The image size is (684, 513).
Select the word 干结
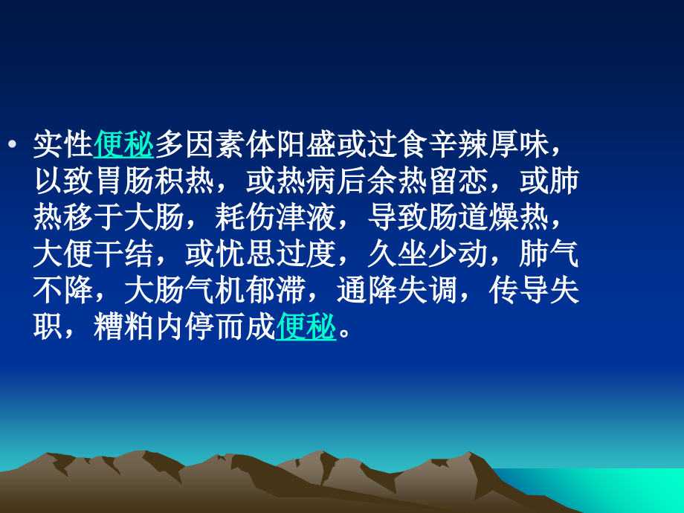point(123,255)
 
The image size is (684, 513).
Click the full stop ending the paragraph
point(343,334)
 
